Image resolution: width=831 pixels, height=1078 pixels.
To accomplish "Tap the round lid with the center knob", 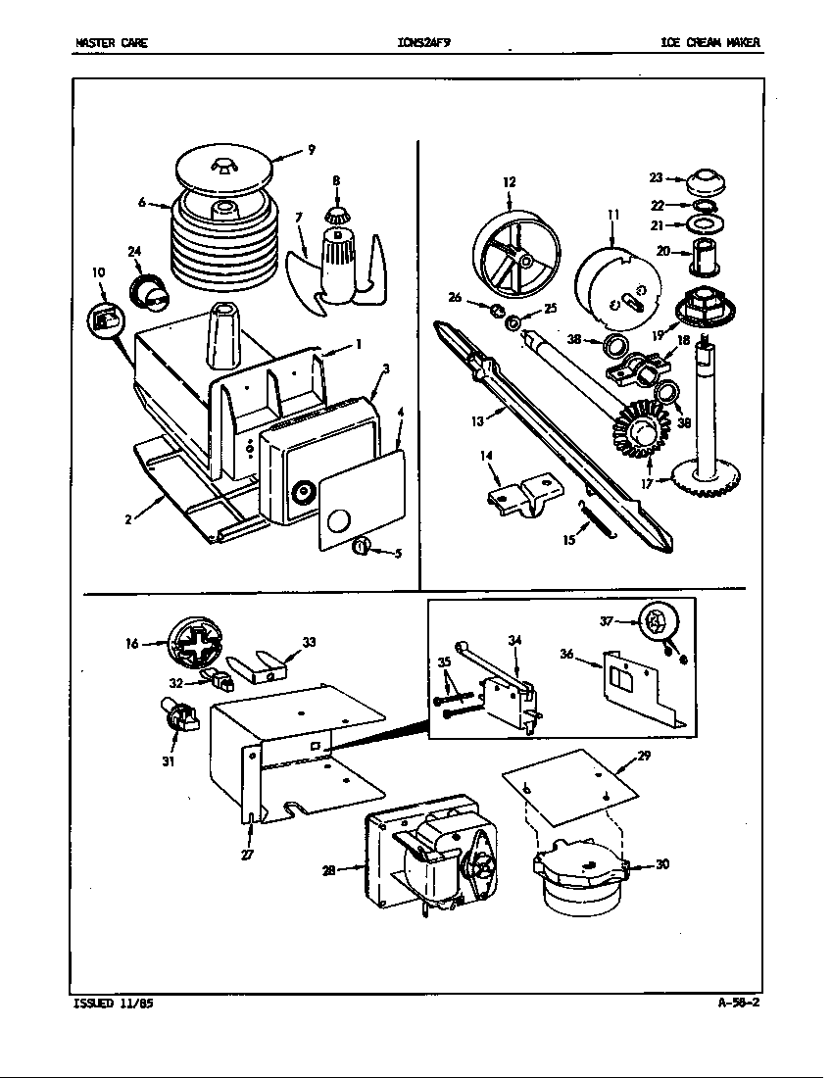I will (x=224, y=169).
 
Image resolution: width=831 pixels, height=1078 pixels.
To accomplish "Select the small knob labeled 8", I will (x=336, y=215).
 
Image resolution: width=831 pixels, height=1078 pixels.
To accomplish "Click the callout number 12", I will (x=510, y=182).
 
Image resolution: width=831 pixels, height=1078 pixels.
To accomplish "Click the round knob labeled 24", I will (x=149, y=290).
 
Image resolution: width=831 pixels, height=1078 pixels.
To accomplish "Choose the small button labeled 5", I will (x=362, y=546).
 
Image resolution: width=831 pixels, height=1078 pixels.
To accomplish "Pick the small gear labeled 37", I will (x=655, y=621).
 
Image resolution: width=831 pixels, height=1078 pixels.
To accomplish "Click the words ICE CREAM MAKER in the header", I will (x=709, y=43).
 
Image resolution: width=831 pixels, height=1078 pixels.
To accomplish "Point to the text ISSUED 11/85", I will (x=113, y=1004).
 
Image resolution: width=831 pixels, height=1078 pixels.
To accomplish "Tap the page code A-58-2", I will (x=738, y=1003).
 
